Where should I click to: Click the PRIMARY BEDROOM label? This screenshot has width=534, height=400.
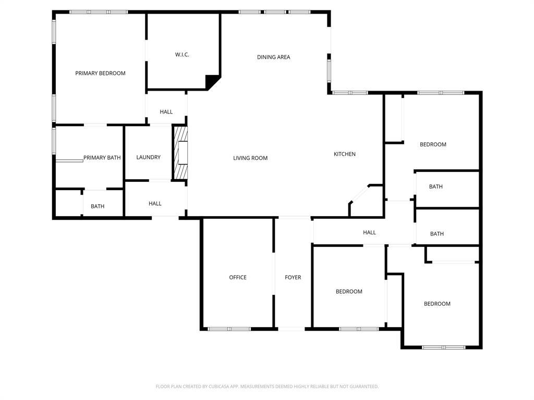100,73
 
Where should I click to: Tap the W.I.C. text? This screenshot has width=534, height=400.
181,55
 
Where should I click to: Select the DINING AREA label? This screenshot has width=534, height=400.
273,57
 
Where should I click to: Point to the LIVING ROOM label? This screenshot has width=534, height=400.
250,158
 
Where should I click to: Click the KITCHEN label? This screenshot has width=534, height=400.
345,154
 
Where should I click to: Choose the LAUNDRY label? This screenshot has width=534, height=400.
148,157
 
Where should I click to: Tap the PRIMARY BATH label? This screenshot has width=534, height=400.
102,158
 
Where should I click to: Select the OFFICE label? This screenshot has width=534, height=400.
238,278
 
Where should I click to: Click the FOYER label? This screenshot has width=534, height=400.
293,278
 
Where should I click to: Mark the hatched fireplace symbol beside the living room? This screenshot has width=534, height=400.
180,153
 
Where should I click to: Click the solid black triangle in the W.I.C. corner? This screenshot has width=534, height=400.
212,81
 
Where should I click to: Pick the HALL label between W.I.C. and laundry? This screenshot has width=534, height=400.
166,112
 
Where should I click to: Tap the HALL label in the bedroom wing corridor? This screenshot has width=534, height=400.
369,233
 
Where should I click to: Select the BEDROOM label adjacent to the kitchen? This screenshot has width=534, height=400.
433,145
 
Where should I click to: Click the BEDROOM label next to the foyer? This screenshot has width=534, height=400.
349,292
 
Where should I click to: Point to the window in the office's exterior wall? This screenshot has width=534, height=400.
229,329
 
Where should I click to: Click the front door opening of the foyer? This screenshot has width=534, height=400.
292,329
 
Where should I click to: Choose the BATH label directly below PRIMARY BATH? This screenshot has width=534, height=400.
98,207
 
